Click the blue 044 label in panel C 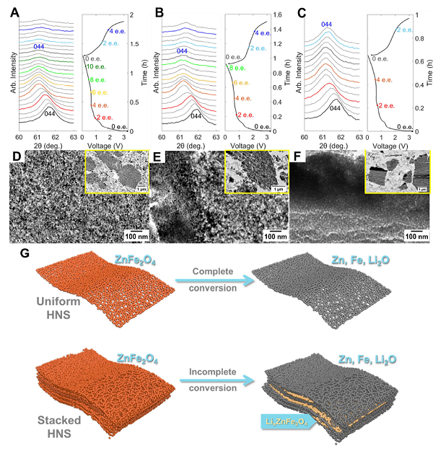tap(325, 25)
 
